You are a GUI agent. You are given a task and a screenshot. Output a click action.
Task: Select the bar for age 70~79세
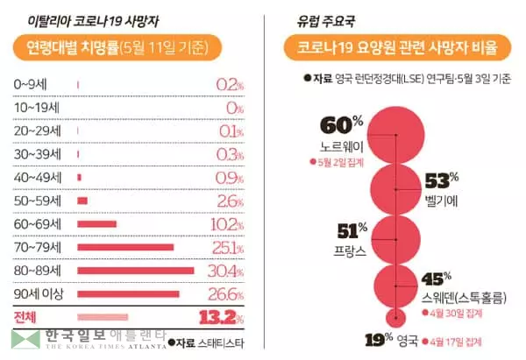coord(124,247)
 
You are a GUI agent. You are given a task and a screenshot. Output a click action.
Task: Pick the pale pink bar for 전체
coord(103,316)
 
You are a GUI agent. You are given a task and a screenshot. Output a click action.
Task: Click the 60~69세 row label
coord(32,223)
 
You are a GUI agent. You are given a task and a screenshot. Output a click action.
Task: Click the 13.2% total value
coord(220,316)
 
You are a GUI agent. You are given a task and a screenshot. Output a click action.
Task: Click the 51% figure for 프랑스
coord(353,232)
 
